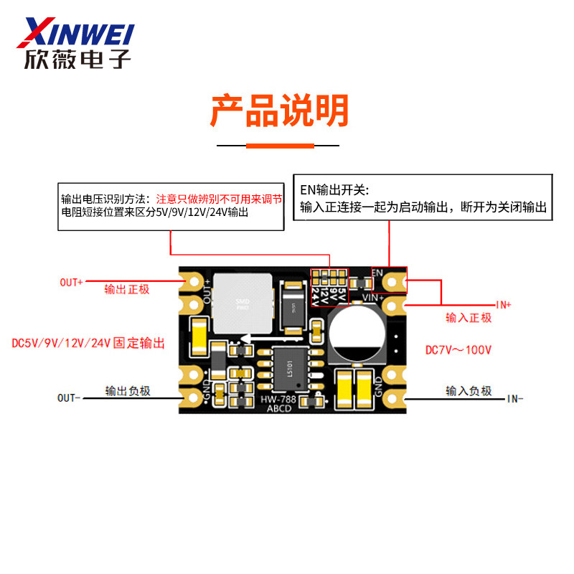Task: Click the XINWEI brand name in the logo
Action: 79,32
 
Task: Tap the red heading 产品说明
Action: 279,111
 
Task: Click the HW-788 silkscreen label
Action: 278,399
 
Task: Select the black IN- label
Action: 515,398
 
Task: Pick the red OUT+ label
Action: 71,282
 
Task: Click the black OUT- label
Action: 70,397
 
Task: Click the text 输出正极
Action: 127,289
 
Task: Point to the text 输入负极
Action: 469,391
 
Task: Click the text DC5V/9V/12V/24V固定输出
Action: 89,344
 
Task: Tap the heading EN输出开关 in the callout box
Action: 334,191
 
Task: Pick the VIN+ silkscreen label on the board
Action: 374,296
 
